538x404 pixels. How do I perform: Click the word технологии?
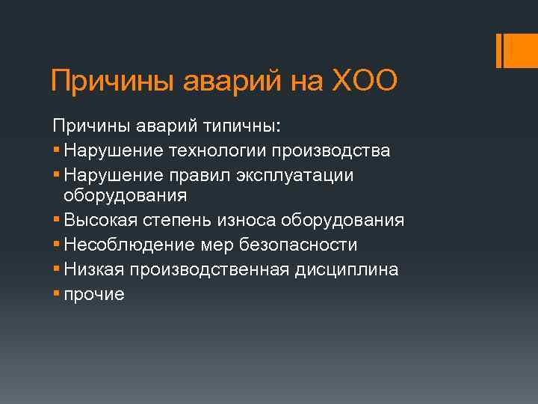pyautogui.click(x=221, y=150)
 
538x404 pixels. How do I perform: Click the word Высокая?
pyautogui.click(x=97, y=221)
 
